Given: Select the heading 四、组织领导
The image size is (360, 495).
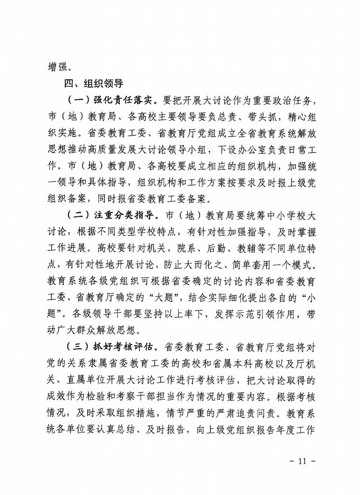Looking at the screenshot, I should click(x=93, y=84).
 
